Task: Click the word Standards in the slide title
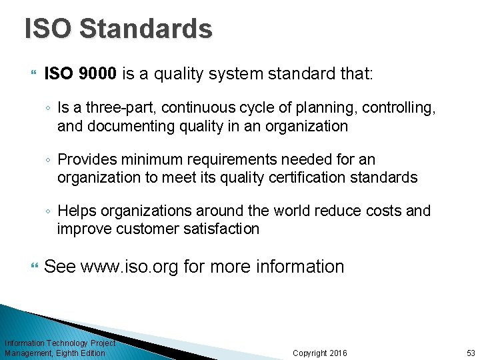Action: pyautogui.click(x=145, y=29)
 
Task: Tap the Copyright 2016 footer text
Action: pyautogui.click(x=320, y=353)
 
